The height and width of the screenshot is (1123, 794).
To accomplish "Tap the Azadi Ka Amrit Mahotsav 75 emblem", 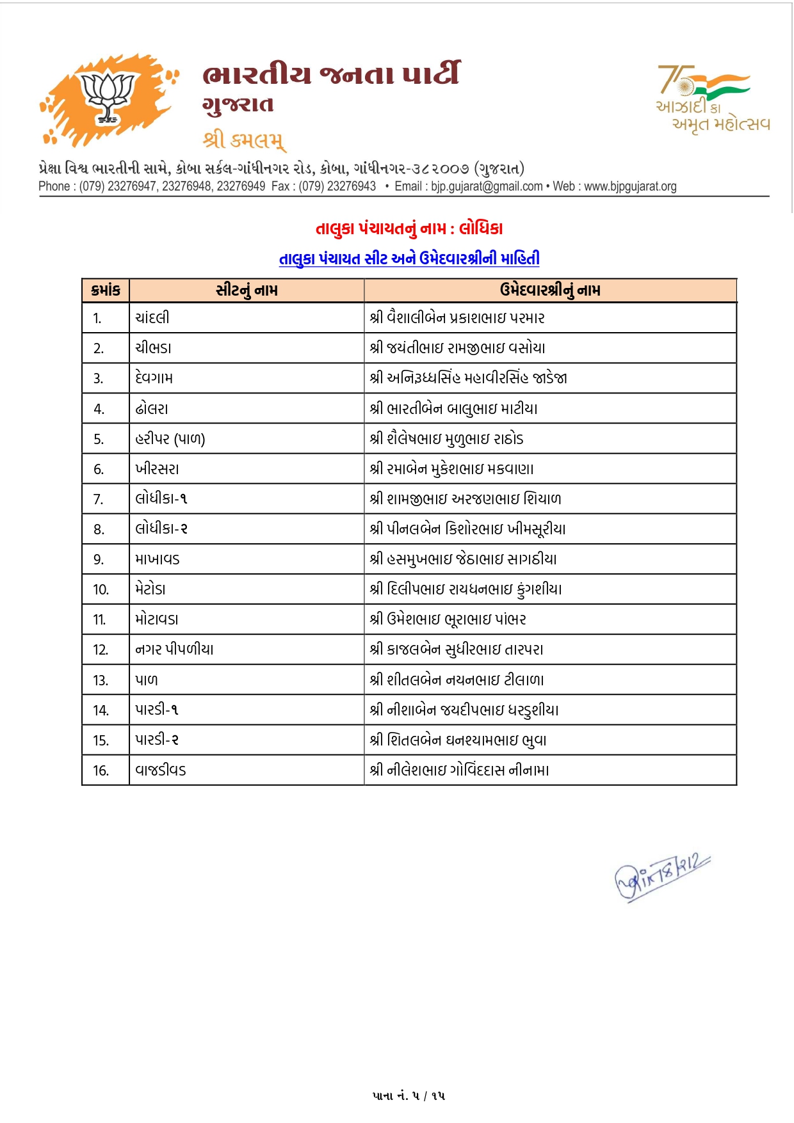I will point(712,98).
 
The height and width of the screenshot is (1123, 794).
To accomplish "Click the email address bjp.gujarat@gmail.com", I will point(487,186).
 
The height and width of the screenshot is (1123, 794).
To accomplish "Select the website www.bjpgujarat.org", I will point(630,186).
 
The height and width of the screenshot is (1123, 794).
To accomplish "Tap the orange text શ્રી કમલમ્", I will point(244,139).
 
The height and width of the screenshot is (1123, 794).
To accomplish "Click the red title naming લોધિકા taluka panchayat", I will point(409,228).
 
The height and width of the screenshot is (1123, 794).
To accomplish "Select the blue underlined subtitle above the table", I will point(409,259).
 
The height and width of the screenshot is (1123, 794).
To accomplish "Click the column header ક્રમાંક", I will point(106,291).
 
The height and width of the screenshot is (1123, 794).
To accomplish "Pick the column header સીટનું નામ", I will point(247,291).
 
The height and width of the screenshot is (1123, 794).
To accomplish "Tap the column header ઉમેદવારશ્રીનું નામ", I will point(550,291).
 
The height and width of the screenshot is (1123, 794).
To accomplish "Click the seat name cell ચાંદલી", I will point(152,318).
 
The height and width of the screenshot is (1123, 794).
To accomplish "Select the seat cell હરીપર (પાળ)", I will point(170,439).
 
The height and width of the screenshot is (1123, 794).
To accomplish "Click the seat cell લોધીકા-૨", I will point(161,529).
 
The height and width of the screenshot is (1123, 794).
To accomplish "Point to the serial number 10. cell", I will point(101,589).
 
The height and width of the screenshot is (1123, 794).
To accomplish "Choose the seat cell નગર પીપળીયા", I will point(174,649).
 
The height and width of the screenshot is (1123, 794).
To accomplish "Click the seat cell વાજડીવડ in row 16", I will point(161,770).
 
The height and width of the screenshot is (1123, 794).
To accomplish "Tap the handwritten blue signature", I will point(661,877).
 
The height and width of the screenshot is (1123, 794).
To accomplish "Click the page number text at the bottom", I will point(409,1095).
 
